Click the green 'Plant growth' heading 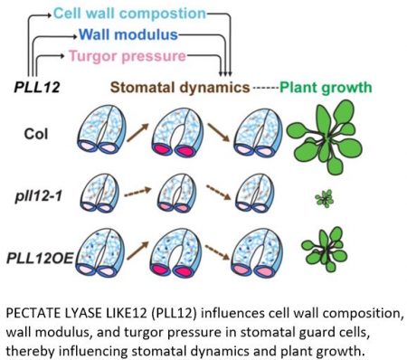327,89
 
